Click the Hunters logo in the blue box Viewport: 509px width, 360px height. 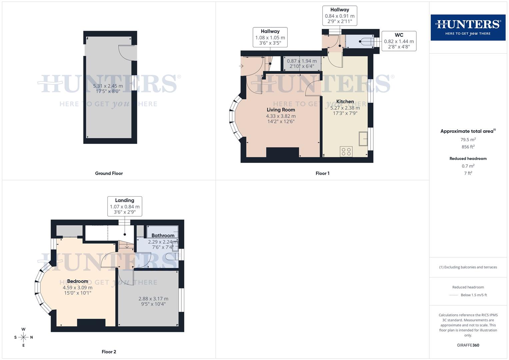468,27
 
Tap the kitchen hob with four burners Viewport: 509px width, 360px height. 346,152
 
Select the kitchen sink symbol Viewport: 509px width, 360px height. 363,139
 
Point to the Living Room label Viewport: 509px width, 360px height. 281,110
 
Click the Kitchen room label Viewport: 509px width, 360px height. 345,102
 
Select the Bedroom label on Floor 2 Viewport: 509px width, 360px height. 78,281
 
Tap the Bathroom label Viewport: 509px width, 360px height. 163,236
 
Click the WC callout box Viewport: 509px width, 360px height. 399,41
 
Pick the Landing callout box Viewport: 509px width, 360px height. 125,206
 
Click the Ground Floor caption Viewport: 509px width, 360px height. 109,173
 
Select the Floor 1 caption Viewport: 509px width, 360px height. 322,173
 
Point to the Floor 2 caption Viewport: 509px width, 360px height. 109,352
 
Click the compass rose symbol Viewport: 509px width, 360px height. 23,337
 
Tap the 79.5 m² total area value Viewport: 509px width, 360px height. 468,140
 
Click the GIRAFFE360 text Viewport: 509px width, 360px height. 468,345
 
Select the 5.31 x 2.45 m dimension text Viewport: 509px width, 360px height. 108,86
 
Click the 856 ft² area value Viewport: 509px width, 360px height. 468,147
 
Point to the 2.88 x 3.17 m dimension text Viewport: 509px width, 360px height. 153,299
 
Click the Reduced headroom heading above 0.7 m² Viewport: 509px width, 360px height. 468,159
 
